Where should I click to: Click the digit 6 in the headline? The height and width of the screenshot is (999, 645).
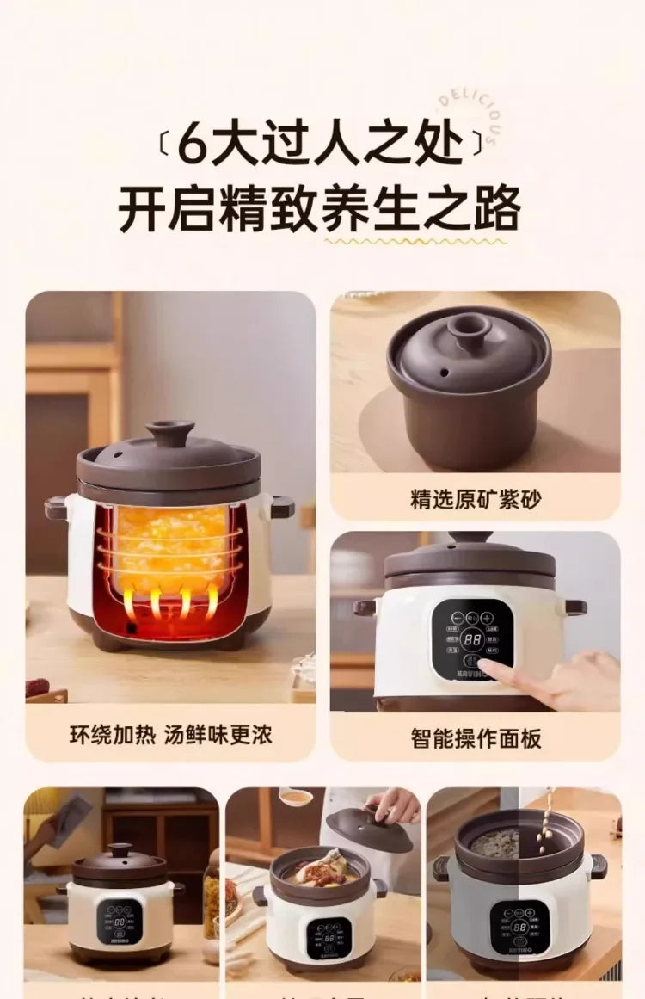pyautogui.click(x=193, y=145)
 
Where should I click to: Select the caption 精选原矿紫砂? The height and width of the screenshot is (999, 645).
pyautogui.click(x=476, y=499)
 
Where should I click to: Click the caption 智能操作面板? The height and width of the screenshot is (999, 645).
pyautogui.click(x=476, y=738)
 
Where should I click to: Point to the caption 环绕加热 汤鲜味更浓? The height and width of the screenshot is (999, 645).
pyautogui.click(x=170, y=735)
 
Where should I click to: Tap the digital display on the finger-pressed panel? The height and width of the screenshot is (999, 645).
pyautogui.click(x=472, y=639)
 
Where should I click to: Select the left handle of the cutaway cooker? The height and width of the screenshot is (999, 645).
pyautogui.click(x=57, y=507)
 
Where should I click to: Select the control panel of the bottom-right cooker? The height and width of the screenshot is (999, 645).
pyautogui.click(x=519, y=927)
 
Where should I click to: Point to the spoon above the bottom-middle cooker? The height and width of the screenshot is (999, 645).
pyautogui.click(x=296, y=797)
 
